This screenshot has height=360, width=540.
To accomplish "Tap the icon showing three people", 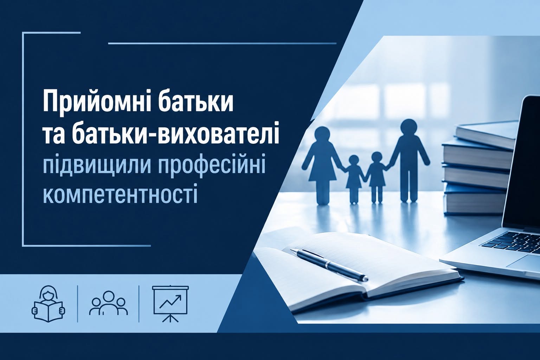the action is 109,303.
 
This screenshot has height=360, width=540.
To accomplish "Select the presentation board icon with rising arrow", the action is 171,303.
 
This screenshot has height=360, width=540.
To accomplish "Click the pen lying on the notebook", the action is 329,264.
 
